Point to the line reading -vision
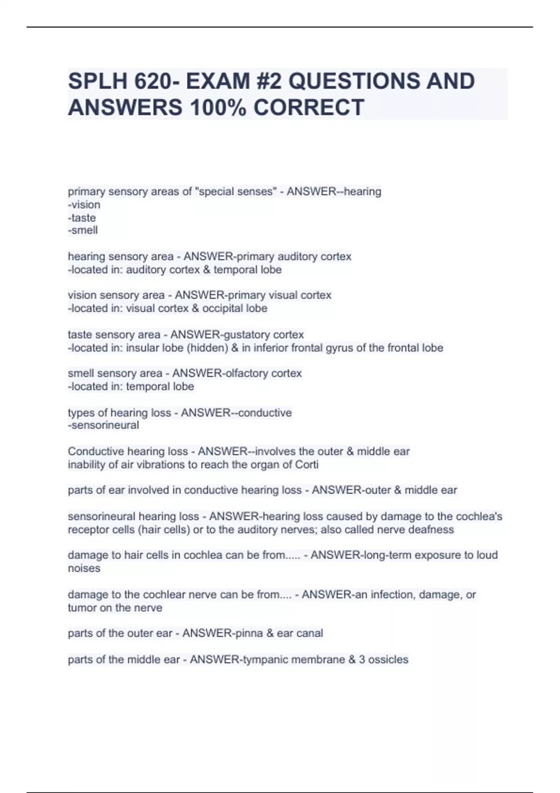click(84, 205)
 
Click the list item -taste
click(82, 218)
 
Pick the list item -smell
click(83, 230)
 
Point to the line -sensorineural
click(104, 425)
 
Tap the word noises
click(84, 568)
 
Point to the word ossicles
click(388, 660)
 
